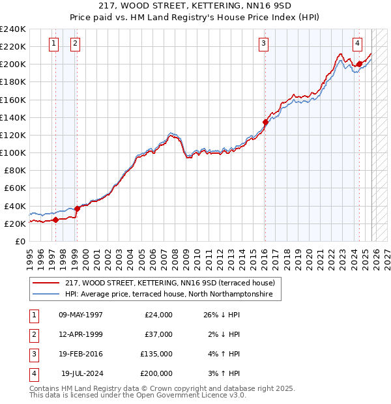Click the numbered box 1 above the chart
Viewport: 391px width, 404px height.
[53, 44]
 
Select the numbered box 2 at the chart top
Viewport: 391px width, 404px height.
[75, 44]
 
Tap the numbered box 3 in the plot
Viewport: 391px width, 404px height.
[263, 44]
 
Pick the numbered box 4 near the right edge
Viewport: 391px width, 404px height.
[358, 44]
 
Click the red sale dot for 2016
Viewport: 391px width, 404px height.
[265, 122]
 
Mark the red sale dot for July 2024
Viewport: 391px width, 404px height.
[359, 64]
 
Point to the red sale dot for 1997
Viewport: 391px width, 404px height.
[55, 220]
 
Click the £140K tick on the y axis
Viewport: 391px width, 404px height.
[13, 117]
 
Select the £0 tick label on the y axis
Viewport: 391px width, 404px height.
[20, 241]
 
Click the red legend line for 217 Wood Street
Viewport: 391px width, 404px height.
[46, 283]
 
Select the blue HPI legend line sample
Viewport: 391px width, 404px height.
[46, 295]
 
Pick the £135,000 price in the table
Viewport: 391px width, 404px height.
[156, 354]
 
